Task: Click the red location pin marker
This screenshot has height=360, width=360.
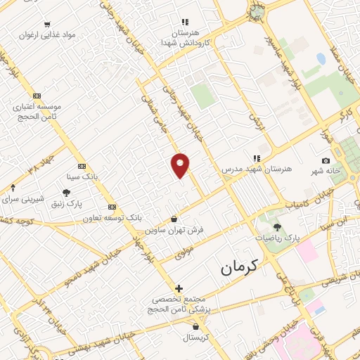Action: click(x=181, y=165)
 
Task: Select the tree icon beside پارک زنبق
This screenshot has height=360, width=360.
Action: click(x=67, y=193)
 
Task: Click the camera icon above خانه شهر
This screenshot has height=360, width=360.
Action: click(x=325, y=161)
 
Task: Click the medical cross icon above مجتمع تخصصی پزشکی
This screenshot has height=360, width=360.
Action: click(x=179, y=288)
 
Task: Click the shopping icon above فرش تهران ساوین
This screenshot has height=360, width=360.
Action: click(x=174, y=219)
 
